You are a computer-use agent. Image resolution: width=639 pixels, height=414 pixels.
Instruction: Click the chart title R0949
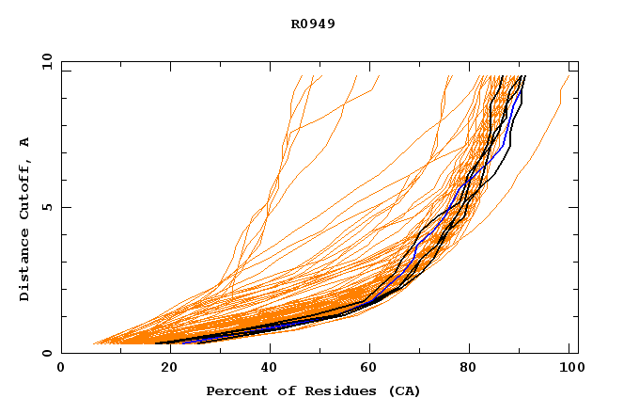pyautogui.click(x=313, y=24)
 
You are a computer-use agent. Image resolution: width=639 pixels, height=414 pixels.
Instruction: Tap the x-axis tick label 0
pyautogui.click(x=61, y=368)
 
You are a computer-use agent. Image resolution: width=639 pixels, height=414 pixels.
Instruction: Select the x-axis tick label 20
pyautogui.click(x=164, y=368)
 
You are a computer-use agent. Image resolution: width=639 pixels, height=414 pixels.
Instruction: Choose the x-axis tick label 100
pyautogui.click(x=569, y=368)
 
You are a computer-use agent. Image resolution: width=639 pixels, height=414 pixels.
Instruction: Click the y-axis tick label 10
pyautogui.click(x=45, y=62)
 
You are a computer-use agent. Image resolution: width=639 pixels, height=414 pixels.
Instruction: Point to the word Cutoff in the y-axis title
pyautogui.click(x=24, y=186)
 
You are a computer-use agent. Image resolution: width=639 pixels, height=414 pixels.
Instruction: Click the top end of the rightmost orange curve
pyautogui.click(x=569, y=76)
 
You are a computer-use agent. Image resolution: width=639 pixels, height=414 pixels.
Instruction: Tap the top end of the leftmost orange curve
pyautogui.click(x=302, y=76)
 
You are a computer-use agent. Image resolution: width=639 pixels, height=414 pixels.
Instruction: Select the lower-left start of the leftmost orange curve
pyautogui.click(x=92, y=343)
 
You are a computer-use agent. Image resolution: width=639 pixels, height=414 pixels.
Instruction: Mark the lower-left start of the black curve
pyautogui.click(x=156, y=342)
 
